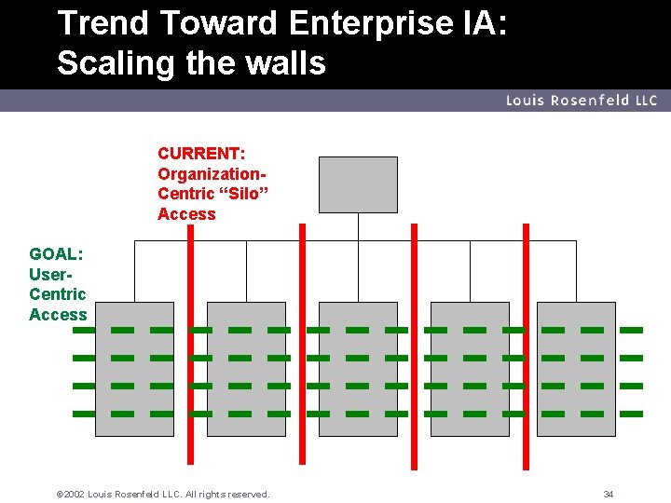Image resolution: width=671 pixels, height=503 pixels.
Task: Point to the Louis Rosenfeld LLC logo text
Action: coord(582,101)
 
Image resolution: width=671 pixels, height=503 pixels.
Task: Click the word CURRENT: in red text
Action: coord(201,153)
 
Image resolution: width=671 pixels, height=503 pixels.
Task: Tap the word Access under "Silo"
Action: coord(186,214)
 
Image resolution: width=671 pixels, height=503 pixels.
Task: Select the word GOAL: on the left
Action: coord(56,253)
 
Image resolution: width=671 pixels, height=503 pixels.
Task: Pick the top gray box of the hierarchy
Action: coord(358,184)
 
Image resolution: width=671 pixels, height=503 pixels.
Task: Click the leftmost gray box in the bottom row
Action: coord(134,369)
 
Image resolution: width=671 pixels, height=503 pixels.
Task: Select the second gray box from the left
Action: coord(246,369)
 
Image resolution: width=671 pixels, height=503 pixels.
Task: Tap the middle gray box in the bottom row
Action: coord(358,369)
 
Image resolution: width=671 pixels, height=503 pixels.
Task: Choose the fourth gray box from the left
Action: coord(466,369)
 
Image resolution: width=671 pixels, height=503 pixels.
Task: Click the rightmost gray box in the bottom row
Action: coord(576,369)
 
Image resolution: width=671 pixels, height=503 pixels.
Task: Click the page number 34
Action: coord(608,494)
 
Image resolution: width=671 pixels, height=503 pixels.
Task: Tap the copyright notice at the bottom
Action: coord(164,494)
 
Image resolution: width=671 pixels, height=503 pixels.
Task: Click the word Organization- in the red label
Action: coord(213,173)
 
